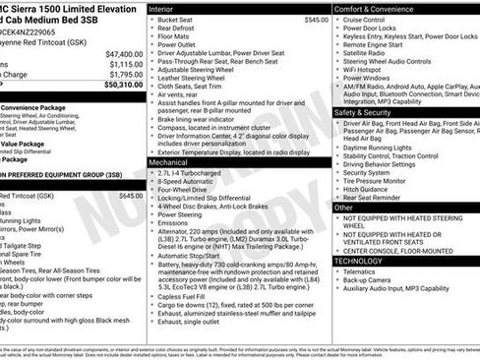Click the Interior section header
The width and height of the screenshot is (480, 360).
160,8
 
